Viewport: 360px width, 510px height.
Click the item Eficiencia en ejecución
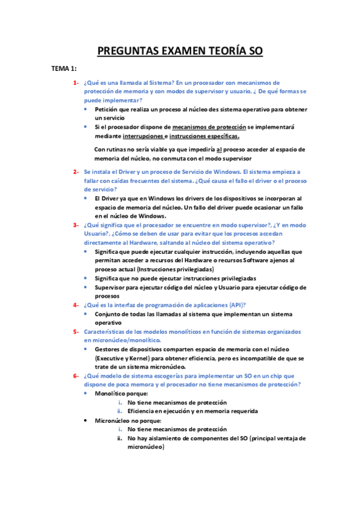tap(163, 411)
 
